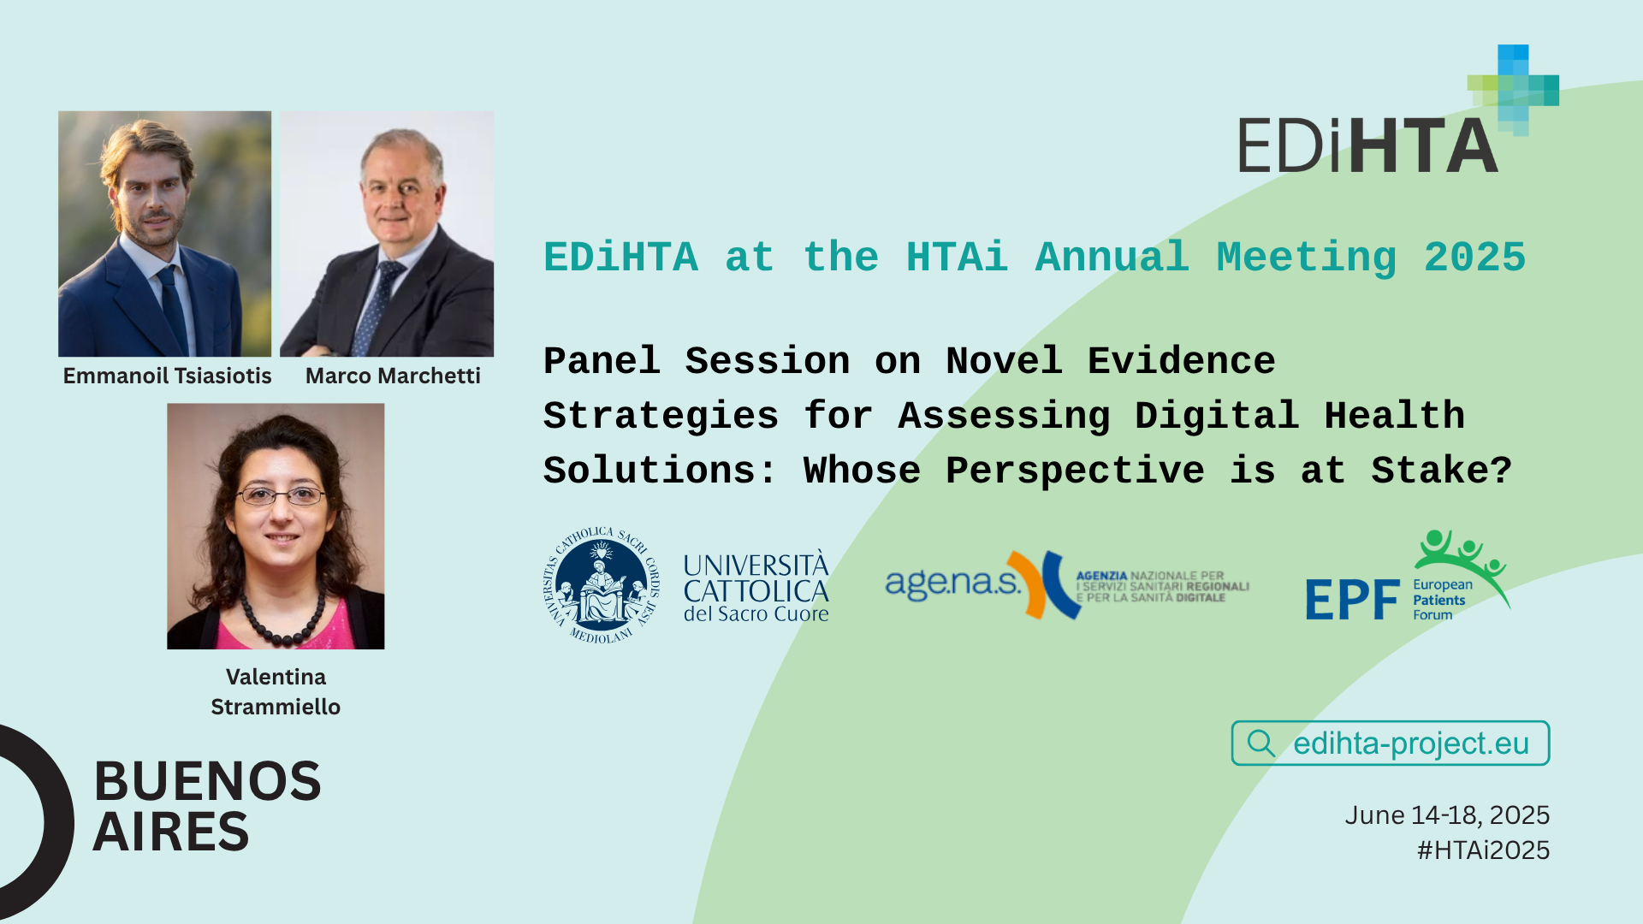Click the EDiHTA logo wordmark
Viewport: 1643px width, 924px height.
(1368, 145)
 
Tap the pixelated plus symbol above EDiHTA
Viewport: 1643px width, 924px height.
(1513, 90)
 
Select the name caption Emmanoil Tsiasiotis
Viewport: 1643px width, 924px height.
(167, 376)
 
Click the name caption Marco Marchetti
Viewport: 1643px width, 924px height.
(393, 376)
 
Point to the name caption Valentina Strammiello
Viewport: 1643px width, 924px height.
(276, 691)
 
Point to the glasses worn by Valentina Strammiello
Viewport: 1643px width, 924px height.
(281, 495)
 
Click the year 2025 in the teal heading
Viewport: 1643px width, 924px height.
(1474, 258)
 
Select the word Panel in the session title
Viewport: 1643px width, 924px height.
(602, 361)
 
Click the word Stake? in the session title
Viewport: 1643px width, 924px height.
(1441, 471)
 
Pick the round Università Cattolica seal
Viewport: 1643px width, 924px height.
(602, 585)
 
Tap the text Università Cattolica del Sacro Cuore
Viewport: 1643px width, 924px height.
(756, 588)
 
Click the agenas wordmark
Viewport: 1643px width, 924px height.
(952, 583)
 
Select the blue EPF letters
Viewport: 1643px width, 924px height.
(1352, 599)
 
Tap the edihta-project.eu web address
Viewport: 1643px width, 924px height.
(1411, 743)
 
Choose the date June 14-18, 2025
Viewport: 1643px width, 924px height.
(1447, 815)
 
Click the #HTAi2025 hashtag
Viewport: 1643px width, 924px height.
(1483, 850)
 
